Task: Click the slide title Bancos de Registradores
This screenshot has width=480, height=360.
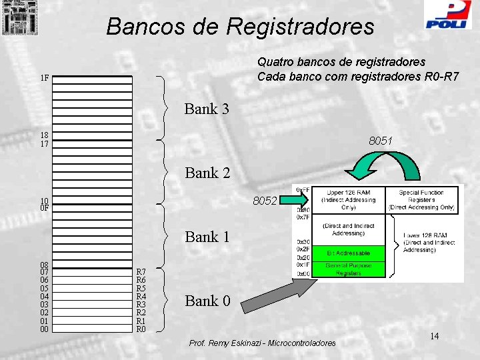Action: click(x=240, y=27)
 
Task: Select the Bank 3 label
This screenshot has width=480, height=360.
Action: click(x=207, y=109)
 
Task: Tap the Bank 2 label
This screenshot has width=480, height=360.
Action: click(x=207, y=173)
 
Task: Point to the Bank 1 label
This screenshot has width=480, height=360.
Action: click(x=207, y=237)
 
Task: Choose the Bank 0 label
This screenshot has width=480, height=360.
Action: click(x=207, y=301)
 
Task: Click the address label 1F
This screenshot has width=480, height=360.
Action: click(x=44, y=78)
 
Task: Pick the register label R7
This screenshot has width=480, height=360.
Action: click(x=141, y=272)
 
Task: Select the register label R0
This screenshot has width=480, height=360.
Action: click(x=141, y=329)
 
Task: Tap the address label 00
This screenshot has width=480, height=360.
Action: click(x=44, y=329)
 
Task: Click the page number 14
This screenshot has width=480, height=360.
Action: click(x=434, y=336)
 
